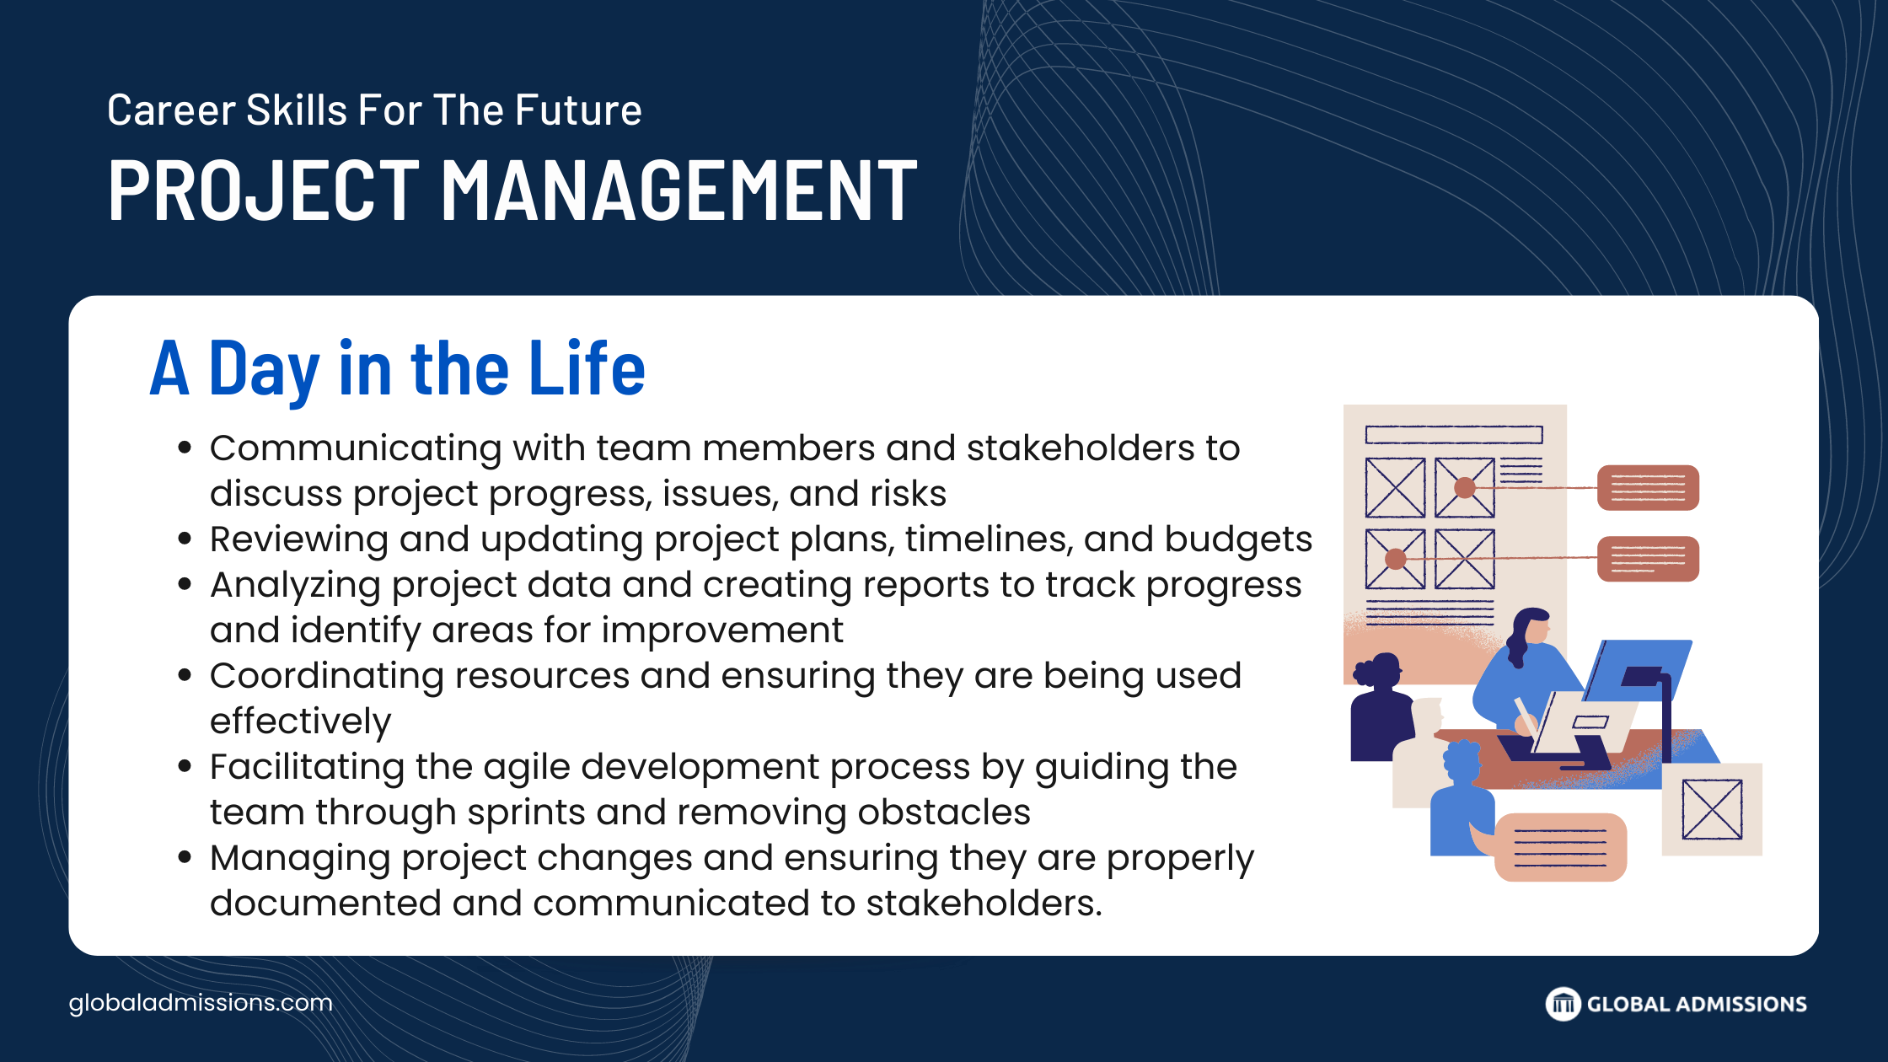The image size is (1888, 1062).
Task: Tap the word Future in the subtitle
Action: (x=578, y=110)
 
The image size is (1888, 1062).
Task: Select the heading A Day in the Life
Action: (x=398, y=368)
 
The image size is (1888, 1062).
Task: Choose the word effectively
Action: (x=301, y=721)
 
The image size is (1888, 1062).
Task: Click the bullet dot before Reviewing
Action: (x=185, y=539)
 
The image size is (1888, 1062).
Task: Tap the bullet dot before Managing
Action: (x=185, y=858)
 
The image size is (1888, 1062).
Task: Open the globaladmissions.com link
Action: (x=201, y=1003)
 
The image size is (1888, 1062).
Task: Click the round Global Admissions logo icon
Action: (x=1563, y=1004)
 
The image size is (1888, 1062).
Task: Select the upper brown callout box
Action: (x=1648, y=488)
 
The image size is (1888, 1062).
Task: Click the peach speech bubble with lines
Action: (x=1559, y=847)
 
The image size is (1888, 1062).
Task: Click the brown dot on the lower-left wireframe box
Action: (x=1396, y=559)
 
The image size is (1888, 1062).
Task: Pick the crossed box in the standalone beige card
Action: (x=1712, y=809)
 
